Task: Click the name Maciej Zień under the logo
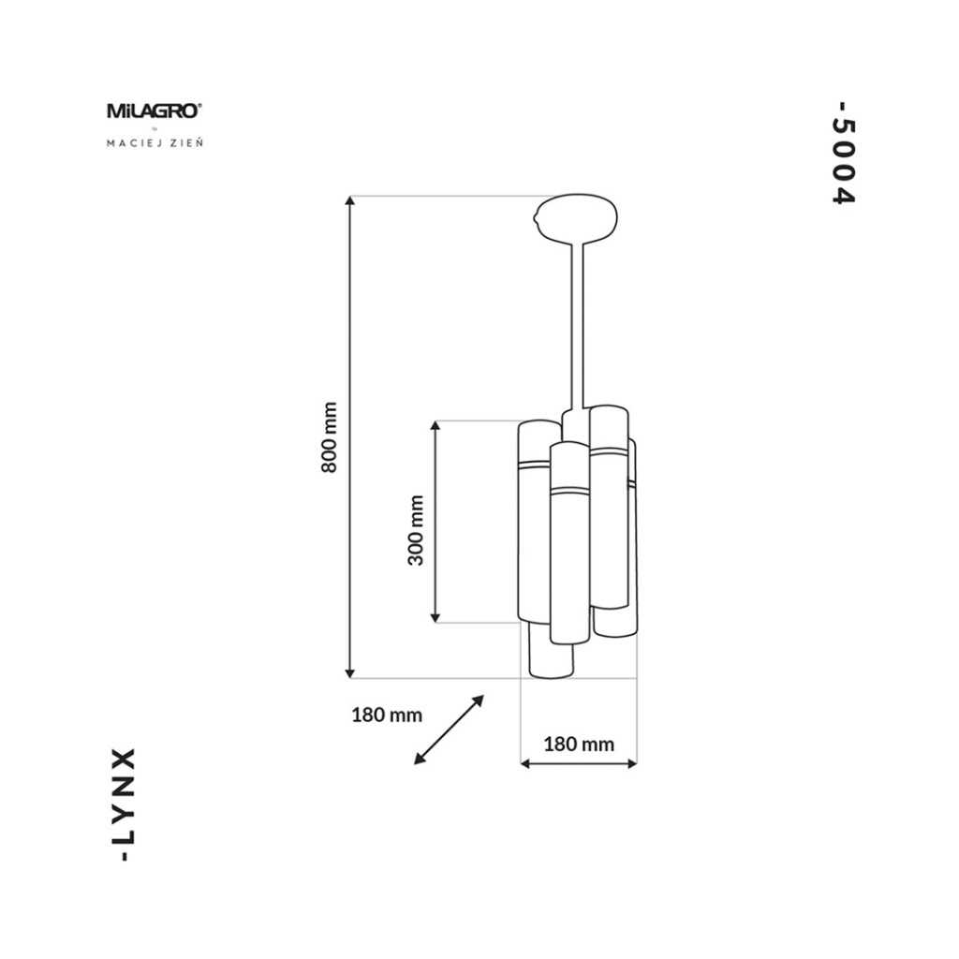coord(155,143)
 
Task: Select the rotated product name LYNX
coord(125,804)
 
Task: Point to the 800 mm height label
coord(329,437)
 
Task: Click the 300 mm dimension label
coord(416,530)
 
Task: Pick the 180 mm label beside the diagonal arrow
coord(387,715)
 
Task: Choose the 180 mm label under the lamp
coord(579,744)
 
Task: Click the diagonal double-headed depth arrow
coord(449,730)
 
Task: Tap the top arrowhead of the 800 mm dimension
coord(350,201)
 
